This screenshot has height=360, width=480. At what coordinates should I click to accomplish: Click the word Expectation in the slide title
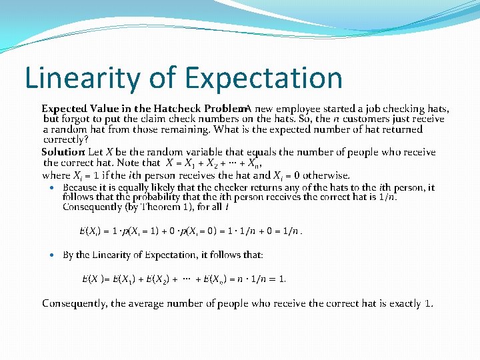(264, 78)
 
